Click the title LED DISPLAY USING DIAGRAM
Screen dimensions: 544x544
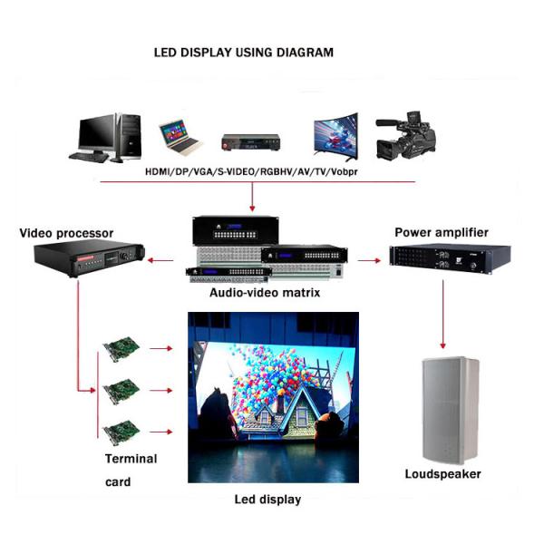click(x=244, y=53)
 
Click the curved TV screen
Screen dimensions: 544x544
click(x=335, y=137)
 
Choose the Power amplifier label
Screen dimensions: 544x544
click(x=442, y=232)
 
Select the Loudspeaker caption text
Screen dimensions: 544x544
click(x=442, y=474)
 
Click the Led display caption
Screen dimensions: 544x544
click(x=267, y=500)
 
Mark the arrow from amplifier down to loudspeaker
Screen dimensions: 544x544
click(x=442, y=313)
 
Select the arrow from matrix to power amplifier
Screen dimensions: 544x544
click(x=368, y=261)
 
